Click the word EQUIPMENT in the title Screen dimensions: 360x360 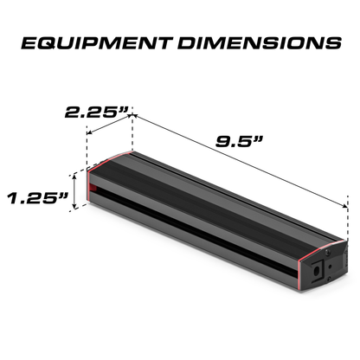coord(95,43)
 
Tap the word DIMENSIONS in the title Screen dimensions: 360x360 coord(260,43)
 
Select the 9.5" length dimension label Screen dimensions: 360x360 coord(240,141)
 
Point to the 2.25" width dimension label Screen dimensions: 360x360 coord(96,112)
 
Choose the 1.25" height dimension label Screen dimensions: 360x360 coord(38,198)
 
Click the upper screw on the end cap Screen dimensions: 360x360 coord(327,252)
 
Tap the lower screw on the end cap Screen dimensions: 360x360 coord(329,278)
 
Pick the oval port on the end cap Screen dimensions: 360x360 coord(317,271)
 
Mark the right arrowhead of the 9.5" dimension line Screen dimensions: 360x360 coord(345,206)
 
